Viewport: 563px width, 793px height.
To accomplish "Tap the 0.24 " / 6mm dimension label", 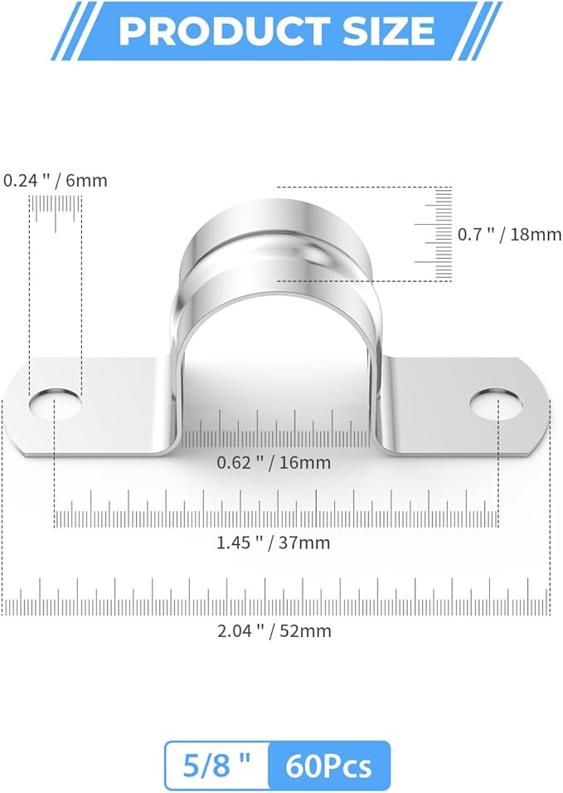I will pos(56,180).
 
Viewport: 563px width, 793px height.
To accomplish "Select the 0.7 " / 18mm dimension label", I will pos(509,235).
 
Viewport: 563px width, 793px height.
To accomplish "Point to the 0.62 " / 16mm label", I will pos(274,463).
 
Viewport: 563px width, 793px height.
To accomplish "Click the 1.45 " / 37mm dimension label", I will pos(274,543).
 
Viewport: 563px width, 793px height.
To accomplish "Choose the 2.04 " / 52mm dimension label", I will pos(274,631).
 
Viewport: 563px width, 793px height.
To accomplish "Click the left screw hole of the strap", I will pos(56,402).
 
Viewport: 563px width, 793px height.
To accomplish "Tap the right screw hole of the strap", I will pos(497,403).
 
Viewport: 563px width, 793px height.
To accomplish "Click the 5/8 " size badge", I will pos(217,765).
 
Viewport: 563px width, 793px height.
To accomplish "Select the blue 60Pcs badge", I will pos(329,765).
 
